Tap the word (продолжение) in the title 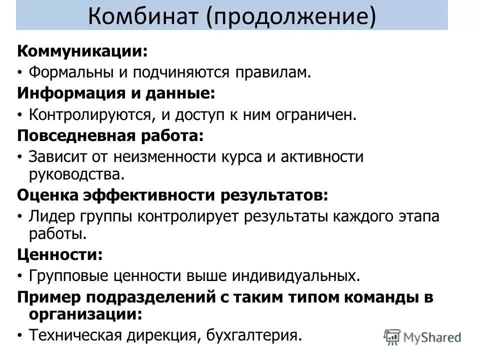[x=289, y=16]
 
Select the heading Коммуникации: [x=83, y=51]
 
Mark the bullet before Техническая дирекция [x=20, y=335]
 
